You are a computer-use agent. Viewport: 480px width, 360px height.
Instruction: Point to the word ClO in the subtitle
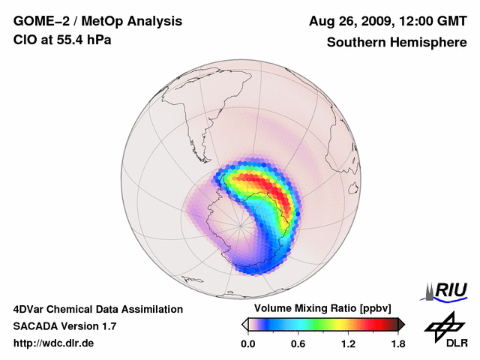24,40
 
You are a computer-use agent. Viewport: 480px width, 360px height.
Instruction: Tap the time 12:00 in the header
424,21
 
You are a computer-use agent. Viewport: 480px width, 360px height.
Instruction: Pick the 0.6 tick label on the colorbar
297,344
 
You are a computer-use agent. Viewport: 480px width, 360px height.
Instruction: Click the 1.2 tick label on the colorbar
348,344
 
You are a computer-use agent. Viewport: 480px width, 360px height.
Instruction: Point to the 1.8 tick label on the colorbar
398,344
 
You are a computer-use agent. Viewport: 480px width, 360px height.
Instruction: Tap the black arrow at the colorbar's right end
401,323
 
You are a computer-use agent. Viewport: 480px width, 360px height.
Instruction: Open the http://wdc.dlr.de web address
54,343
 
